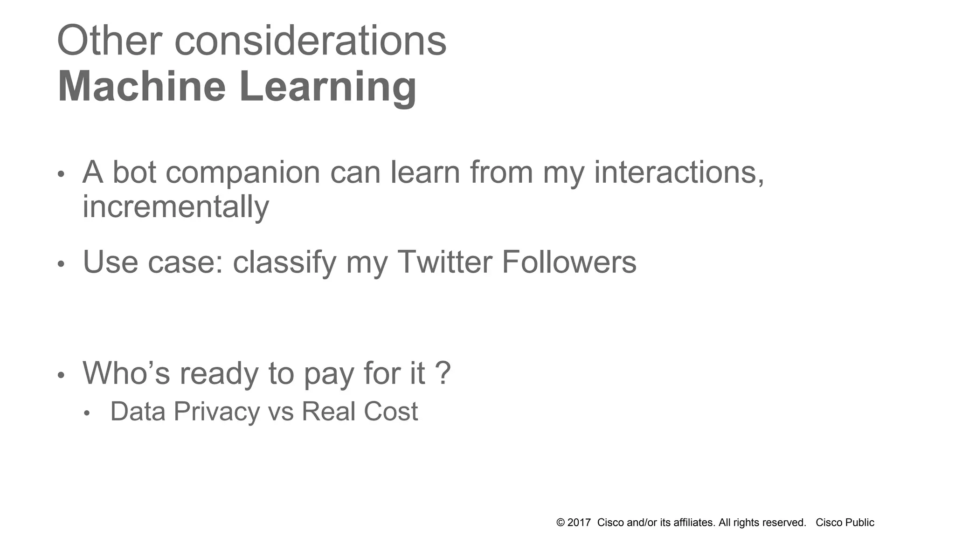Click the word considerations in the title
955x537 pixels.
click(310, 41)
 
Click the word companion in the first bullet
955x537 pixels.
click(242, 173)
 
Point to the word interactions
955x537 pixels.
click(678, 172)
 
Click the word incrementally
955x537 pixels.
click(176, 207)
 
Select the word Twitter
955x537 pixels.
click(444, 262)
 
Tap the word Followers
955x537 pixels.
click(569, 262)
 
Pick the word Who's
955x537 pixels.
click(126, 373)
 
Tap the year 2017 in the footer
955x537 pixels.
click(579, 523)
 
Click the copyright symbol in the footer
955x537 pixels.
click(561, 523)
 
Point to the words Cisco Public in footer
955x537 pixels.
click(844, 523)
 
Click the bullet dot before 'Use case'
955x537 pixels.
click(61, 264)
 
